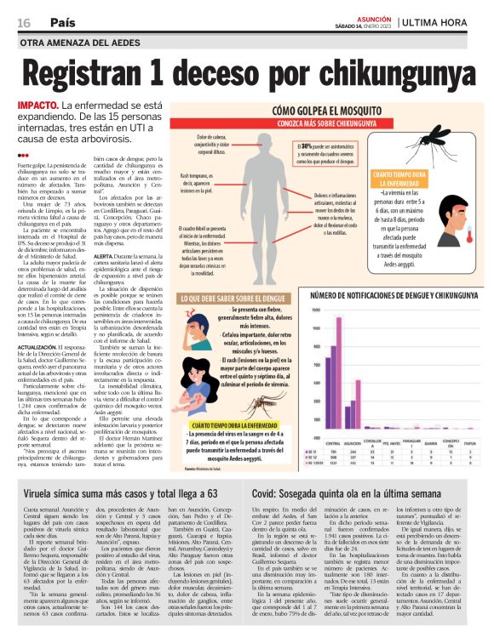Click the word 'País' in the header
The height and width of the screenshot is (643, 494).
pos(61,21)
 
